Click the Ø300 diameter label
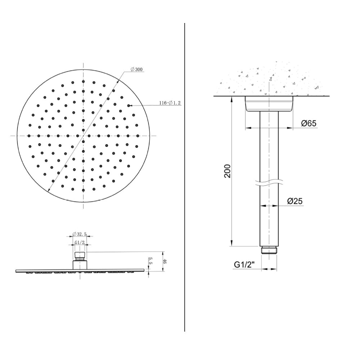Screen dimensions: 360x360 [x=137, y=69]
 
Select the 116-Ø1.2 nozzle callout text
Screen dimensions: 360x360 [x=170, y=103]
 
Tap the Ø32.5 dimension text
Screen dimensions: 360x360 [x=80, y=234]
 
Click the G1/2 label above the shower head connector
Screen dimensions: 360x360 [x=80, y=243]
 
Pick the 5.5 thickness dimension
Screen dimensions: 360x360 [x=151, y=261]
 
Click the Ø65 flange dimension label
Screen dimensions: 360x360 [x=309, y=123]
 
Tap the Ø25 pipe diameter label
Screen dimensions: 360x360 [x=295, y=202]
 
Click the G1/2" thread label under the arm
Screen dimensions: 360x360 [x=244, y=265]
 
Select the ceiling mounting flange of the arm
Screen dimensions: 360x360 [x=269, y=103]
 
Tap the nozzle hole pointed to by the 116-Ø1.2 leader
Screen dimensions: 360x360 [x=129, y=105]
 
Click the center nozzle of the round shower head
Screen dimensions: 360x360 [x=84, y=136]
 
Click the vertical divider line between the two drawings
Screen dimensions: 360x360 [x=185, y=180]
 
